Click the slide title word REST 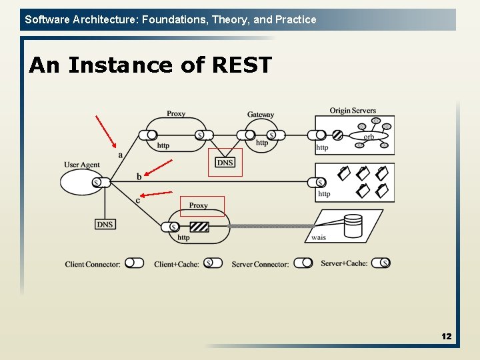tap(241, 65)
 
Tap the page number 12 tap(446, 337)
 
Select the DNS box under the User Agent tap(105, 225)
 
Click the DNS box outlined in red tap(225, 163)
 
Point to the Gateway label tap(260, 115)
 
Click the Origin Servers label tap(353, 111)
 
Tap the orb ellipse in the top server tap(369, 136)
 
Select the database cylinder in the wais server tap(353, 226)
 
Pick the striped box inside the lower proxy tap(199, 227)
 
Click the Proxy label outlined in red tap(198, 205)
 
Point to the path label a tap(120, 155)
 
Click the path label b tap(139, 177)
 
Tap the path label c tap(138, 200)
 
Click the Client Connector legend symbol tap(134, 263)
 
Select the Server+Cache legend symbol tap(381, 263)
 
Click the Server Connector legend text tap(260, 265)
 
